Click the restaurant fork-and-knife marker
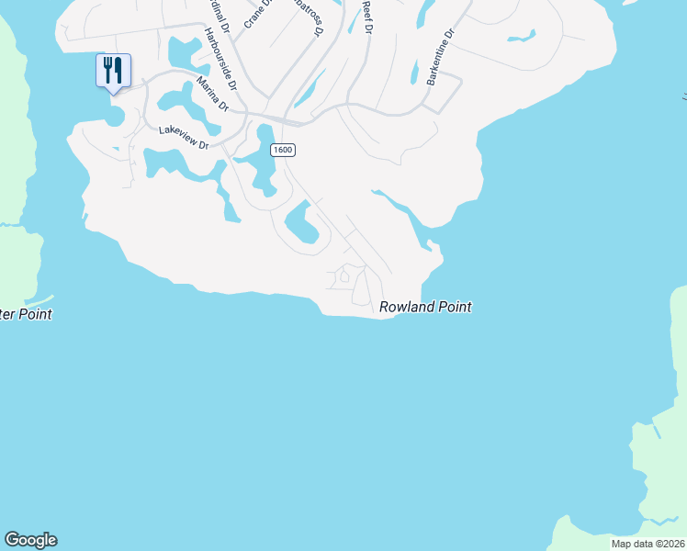tap(113, 71)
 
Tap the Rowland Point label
tap(425, 308)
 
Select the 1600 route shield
tap(282, 150)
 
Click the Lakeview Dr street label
tap(184, 137)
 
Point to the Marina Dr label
tap(212, 95)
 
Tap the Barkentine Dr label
tap(441, 57)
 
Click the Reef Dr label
tap(366, 17)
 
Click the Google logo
tap(30, 540)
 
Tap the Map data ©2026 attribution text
tap(648, 544)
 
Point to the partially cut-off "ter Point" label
tap(26, 314)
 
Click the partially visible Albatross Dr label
tap(310, 17)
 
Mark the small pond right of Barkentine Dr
tap(521, 38)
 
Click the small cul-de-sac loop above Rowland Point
tap(344, 275)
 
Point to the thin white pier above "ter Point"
tap(39, 301)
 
